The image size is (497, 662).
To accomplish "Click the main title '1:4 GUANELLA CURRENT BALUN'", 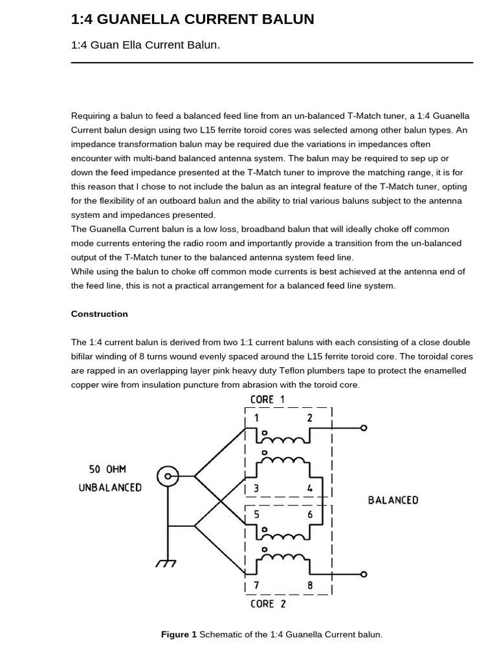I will (x=192, y=19).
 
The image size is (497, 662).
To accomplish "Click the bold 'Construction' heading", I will (x=99, y=314).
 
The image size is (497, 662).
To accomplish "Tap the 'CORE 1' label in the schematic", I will (x=267, y=399).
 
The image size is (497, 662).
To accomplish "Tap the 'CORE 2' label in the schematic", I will (x=267, y=604).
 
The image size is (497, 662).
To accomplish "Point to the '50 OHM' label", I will (x=107, y=469).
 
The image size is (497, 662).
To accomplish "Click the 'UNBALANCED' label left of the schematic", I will (x=110, y=487).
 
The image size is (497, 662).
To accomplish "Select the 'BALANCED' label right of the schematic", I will (x=393, y=500).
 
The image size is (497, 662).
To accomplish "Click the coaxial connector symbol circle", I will (x=168, y=476).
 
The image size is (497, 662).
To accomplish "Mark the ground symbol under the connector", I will (x=166, y=563).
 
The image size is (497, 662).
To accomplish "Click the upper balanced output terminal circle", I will (x=364, y=428).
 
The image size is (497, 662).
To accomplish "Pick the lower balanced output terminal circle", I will (x=364, y=574).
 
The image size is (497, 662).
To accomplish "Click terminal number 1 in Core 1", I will (x=256, y=418).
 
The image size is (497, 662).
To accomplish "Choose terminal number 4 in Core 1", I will (x=310, y=489).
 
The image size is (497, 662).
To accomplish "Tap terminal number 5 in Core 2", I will (x=256, y=515).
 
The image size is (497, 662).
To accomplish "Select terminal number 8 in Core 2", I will (x=310, y=586).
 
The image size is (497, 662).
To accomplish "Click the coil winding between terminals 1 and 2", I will (x=283, y=440).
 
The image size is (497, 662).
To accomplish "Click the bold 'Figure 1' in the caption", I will (x=179, y=634).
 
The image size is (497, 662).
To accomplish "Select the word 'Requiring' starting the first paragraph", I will (x=91, y=116).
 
